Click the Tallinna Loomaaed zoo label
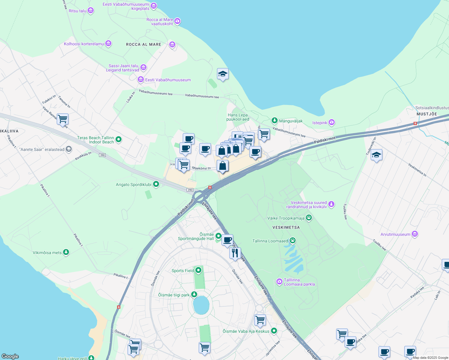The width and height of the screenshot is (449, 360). (x=270, y=241)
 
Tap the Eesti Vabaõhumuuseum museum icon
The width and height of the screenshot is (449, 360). (x=140, y=80)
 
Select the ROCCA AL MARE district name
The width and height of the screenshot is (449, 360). (x=143, y=44)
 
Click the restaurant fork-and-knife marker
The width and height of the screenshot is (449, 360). (x=235, y=253)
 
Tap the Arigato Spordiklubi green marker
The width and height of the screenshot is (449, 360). (x=156, y=184)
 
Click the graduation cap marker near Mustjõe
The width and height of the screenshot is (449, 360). (x=376, y=155)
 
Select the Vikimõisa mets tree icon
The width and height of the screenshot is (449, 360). (x=66, y=253)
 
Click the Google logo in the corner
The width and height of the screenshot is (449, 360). (x=10, y=356)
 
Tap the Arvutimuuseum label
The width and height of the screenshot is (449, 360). (x=395, y=234)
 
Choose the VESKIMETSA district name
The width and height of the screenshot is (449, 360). (x=286, y=227)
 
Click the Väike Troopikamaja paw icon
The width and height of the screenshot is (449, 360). (x=309, y=218)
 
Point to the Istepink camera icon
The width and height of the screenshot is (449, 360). (x=332, y=122)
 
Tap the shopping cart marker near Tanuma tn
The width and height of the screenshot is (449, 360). (x=62, y=119)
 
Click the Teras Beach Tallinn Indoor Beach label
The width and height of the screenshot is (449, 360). (x=95, y=140)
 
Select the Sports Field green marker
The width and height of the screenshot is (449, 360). (x=198, y=271)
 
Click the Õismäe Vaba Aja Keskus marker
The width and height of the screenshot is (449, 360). (x=274, y=331)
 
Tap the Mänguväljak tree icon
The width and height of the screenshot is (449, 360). (x=274, y=121)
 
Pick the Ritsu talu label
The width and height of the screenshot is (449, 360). (x=77, y=11)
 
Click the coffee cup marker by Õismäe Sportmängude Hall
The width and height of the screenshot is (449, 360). (x=228, y=240)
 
